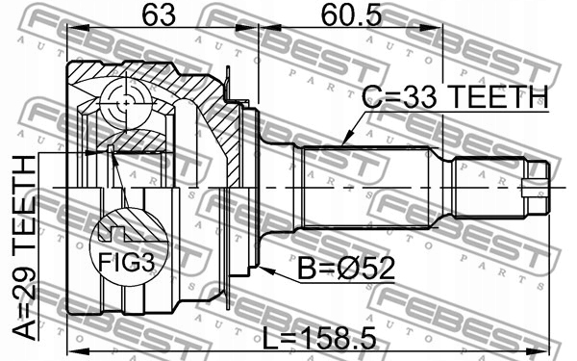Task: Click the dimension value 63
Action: pos(159,15)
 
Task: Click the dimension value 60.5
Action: pos(351,15)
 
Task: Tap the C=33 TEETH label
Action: pos(455,96)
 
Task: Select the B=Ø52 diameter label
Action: pos(346,269)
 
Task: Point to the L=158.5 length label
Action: pos(319,338)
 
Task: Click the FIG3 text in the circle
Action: pos(126,262)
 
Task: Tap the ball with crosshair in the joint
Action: pos(126,104)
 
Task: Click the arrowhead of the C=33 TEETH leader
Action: pos(346,139)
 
